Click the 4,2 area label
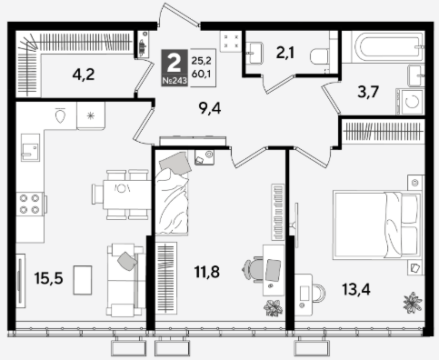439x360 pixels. coord(84,75)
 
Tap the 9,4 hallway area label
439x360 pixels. coord(210,108)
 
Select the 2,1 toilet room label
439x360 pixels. coord(285,53)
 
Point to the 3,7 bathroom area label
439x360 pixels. coord(368,92)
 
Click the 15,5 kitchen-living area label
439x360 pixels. coord(48,278)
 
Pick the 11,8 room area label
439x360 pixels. coord(207,272)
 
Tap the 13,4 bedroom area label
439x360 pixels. coord(356,289)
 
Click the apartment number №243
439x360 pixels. coord(175,81)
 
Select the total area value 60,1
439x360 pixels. coord(201,74)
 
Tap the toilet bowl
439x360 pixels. coord(320,56)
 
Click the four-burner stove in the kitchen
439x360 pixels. coord(30,204)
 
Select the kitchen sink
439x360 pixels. coord(30,147)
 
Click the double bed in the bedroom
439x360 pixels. coord(377,225)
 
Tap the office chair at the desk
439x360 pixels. coord(253,270)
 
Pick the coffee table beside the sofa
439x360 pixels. coord(83,280)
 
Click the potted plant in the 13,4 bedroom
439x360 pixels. coord(413,303)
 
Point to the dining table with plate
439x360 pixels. coord(127,195)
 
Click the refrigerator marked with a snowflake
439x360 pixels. coord(91,115)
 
